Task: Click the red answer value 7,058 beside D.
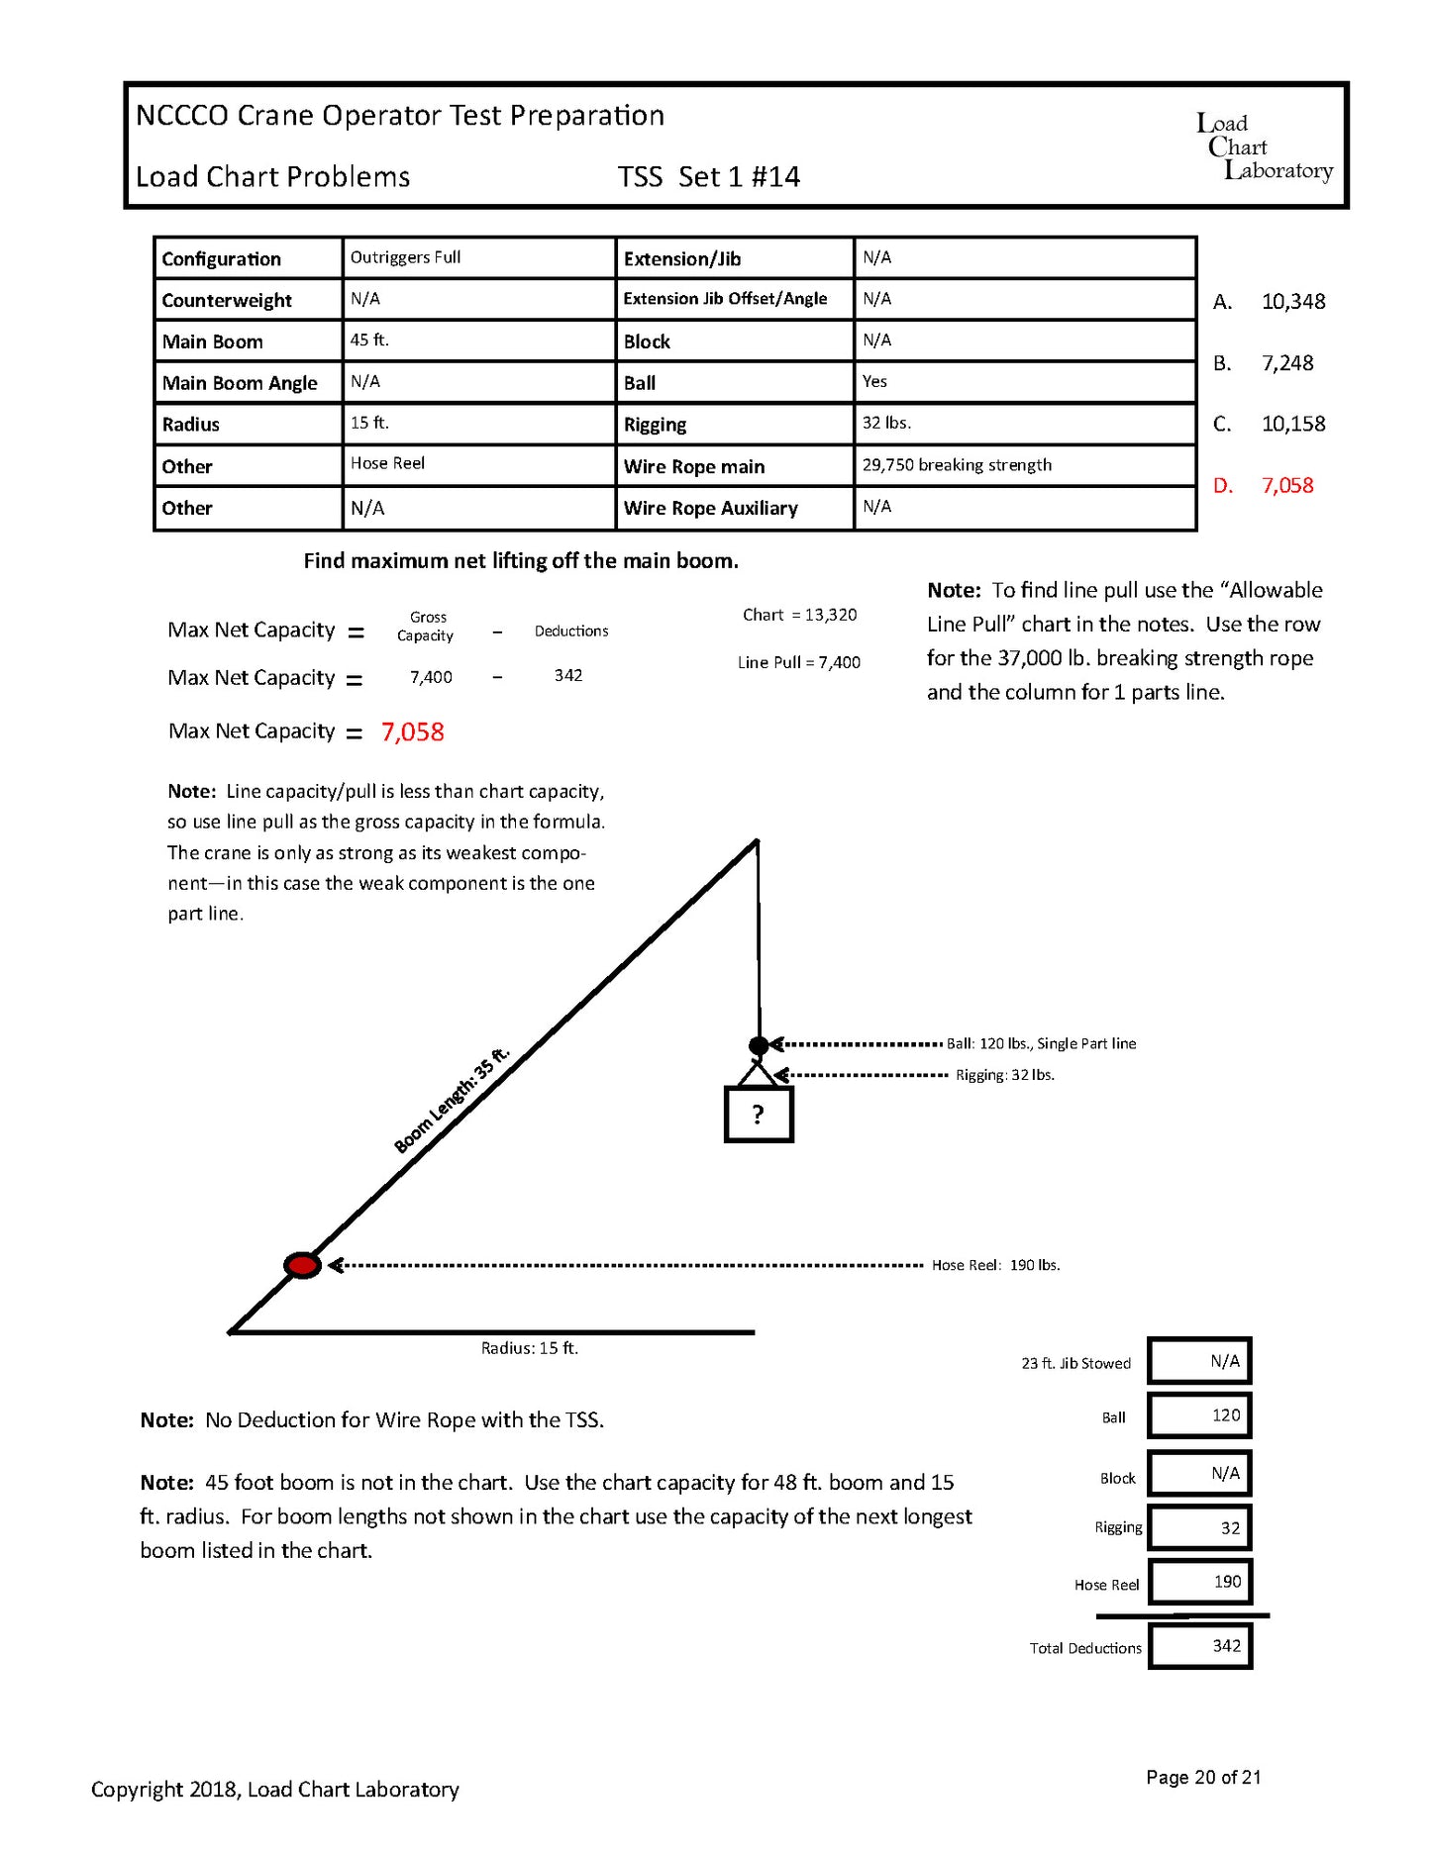[x=1286, y=485]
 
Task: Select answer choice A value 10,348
[x=1292, y=301]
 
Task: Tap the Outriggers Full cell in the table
[x=405, y=257]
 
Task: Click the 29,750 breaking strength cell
[x=957, y=464]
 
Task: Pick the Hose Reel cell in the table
[x=387, y=463]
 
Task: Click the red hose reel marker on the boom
[x=302, y=1265]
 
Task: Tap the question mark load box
[x=759, y=1115]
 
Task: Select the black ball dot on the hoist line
[x=759, y=1045]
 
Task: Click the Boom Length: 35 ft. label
[x=452, y=1100]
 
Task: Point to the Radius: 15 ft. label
[x=529, y=1348]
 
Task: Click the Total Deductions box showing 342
[x=1200, y=1646]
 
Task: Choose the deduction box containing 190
[x=1200, y=1582]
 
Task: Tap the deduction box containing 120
[x=1200, y=1415]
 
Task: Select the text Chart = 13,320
[x=799, y=615]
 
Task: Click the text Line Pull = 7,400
[x=798, y=662]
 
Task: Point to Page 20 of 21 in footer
[x=1203, y=1777]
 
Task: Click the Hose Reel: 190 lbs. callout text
[x=995, y=1265]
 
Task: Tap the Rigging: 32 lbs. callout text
[x=1004, y=1075]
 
